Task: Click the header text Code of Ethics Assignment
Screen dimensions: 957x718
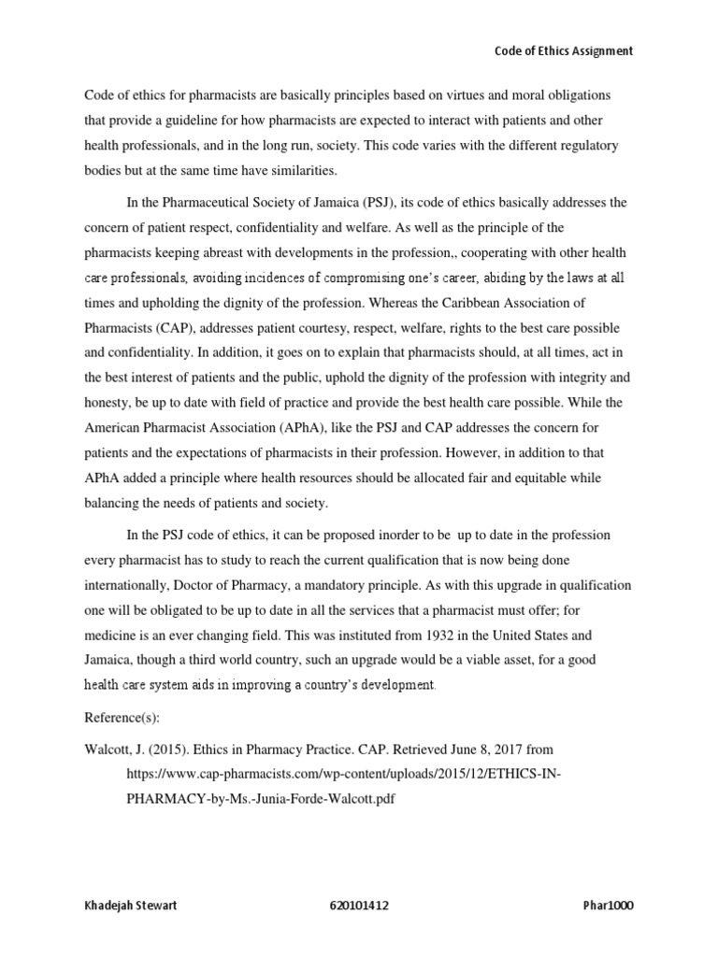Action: click(563, 51)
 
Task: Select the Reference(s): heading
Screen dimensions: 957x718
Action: click(122, 714)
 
